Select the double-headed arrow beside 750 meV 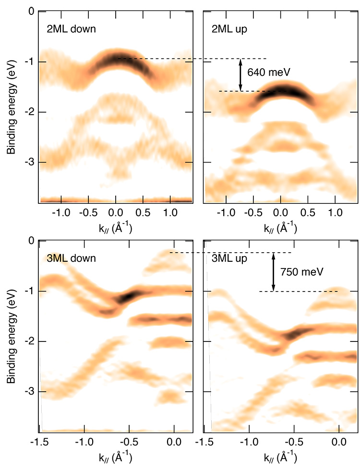coord(274,271)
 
